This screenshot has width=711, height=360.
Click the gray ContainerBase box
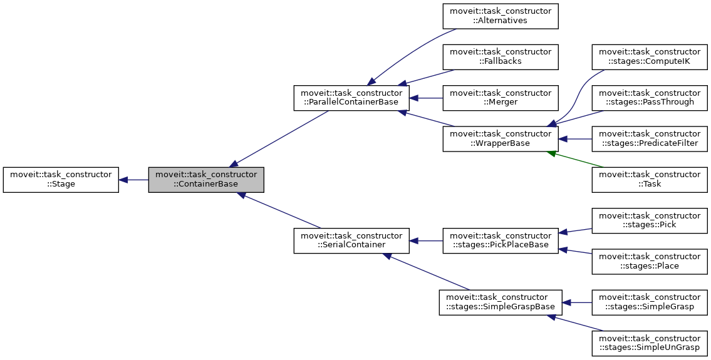click(x=206, y=179)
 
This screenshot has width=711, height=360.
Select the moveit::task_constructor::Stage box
click(x=61, y=179)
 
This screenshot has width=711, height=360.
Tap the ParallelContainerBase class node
click(x=351, y=98)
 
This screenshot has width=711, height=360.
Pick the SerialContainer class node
click(x=351, y=240)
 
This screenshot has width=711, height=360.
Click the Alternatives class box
click(x=501, y=16)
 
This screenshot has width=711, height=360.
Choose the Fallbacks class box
click(x=501, y=57)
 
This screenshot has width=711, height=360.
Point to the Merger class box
click(x=501, y=98)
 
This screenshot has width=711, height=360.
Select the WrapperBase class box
click(x=501, y=139)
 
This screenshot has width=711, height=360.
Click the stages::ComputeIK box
click(x=650, y=57)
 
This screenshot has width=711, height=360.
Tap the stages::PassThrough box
click(x=650, y=98)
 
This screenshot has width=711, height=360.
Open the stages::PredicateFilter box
click(x=650, y=139)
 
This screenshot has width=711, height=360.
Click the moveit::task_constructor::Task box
click(x=650, y=180)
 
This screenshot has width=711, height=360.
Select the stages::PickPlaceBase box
click(x=501, y=240)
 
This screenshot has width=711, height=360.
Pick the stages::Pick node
click(x=650, y=220)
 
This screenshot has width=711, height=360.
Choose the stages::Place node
click(x=650, y=261)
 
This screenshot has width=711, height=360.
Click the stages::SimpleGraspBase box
click(x=501, y=302)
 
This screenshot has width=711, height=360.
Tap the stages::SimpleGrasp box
click(x=650, y=302)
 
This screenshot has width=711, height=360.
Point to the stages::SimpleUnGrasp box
click(x=650, y=343)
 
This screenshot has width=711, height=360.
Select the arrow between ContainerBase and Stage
click(x=133, y=180)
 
